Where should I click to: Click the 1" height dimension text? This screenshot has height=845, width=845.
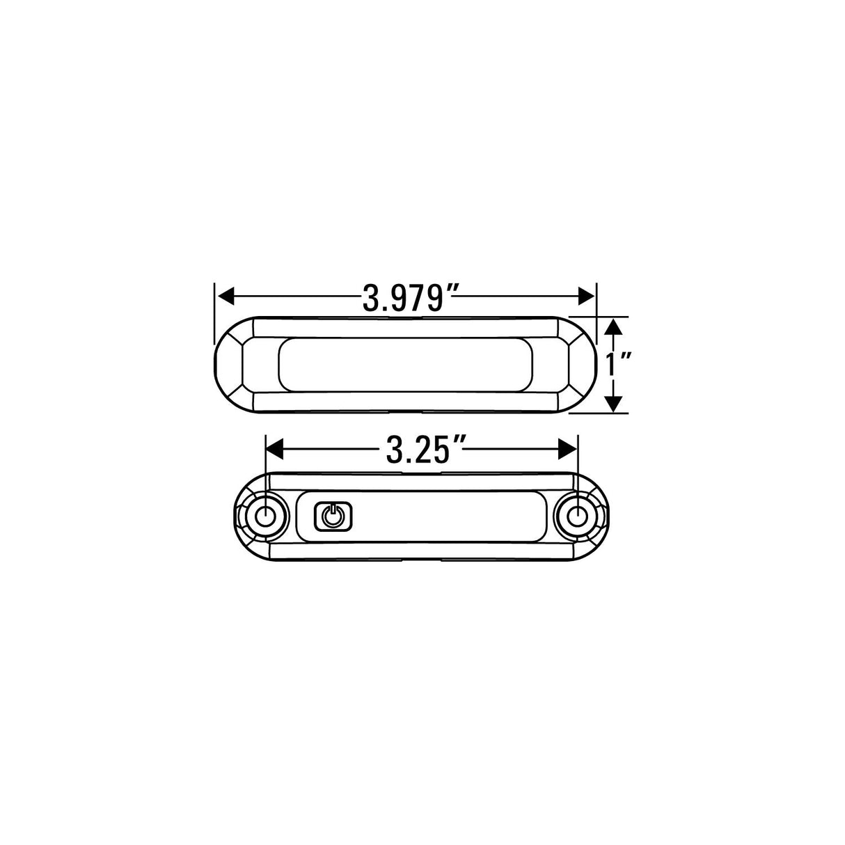pos(616,364)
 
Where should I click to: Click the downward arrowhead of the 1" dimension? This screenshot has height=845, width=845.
pos(612,403)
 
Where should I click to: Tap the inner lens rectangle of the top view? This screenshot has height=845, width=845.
pos(406,365)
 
